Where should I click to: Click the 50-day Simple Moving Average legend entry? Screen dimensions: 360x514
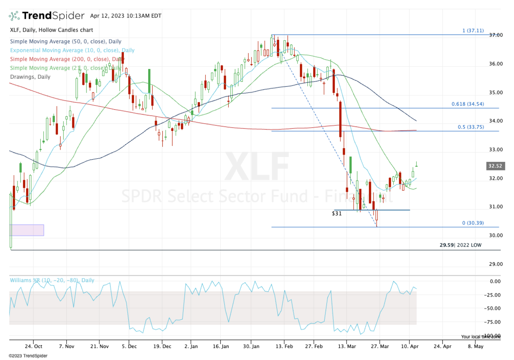66,42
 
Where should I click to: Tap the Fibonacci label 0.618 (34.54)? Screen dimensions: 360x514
467,104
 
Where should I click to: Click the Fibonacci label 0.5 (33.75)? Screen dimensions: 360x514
470,127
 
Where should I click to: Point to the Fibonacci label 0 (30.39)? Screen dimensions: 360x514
473,223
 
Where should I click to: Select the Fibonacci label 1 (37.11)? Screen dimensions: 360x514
473,31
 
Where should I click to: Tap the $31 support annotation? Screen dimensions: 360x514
337,213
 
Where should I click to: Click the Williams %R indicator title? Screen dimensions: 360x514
52,280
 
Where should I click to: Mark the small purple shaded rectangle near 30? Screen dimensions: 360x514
27,230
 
